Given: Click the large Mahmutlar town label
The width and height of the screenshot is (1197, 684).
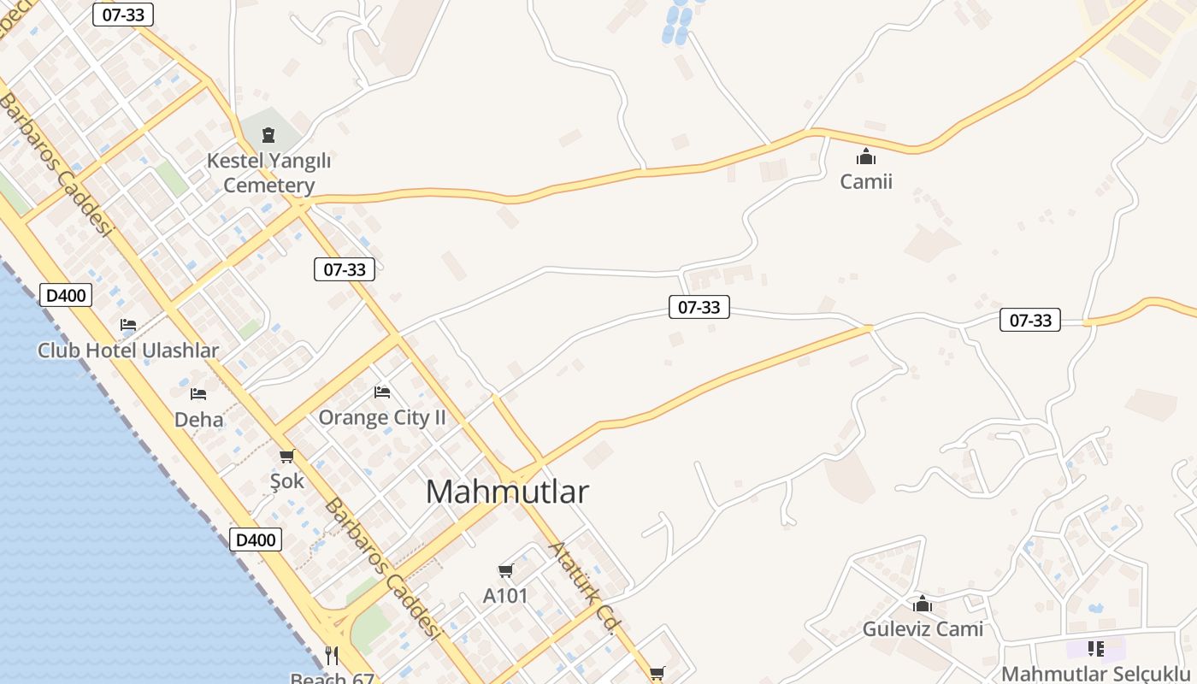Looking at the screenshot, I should tap(507, 492).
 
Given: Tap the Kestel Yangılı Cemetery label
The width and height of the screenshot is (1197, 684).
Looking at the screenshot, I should tap(269, 173).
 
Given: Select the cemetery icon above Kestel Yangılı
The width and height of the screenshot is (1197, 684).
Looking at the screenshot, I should tap(268, 134).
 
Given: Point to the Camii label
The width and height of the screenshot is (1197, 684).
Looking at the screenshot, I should tap(866, 181).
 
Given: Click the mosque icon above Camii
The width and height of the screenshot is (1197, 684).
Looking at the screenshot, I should tap(866, 156).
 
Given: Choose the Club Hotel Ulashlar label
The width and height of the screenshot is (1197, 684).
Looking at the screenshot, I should tap(128, 351).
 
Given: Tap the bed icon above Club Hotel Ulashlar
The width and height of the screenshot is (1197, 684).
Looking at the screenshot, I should tap(128, 325).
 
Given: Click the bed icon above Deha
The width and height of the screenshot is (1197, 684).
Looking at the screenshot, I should tap(198, 394).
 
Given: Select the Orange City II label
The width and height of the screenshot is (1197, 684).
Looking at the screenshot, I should tap(382, 417).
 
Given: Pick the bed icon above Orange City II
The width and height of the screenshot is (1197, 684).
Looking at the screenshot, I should tap(382, 392).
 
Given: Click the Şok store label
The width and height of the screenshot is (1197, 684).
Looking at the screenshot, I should tap(286, 481).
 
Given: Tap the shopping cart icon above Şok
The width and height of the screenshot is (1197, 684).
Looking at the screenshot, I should tap(286, 456).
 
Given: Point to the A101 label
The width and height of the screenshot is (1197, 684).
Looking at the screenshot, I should tap(505, 596).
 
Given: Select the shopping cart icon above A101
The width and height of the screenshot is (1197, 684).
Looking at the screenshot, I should tap(505, 570).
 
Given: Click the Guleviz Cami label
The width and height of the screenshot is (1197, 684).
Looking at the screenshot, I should tap(923, 629).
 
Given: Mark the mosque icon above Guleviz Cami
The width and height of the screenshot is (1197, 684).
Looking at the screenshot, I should tap(922, 604).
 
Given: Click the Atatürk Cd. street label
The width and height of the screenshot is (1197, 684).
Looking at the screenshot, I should tap(583, 587).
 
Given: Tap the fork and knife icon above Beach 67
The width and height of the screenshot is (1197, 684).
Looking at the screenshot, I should tap(332, 656).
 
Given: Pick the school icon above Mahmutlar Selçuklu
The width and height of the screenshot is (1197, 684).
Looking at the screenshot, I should tap(1095, 649).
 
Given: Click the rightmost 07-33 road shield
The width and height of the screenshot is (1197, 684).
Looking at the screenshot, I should tap(1030, 321).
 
